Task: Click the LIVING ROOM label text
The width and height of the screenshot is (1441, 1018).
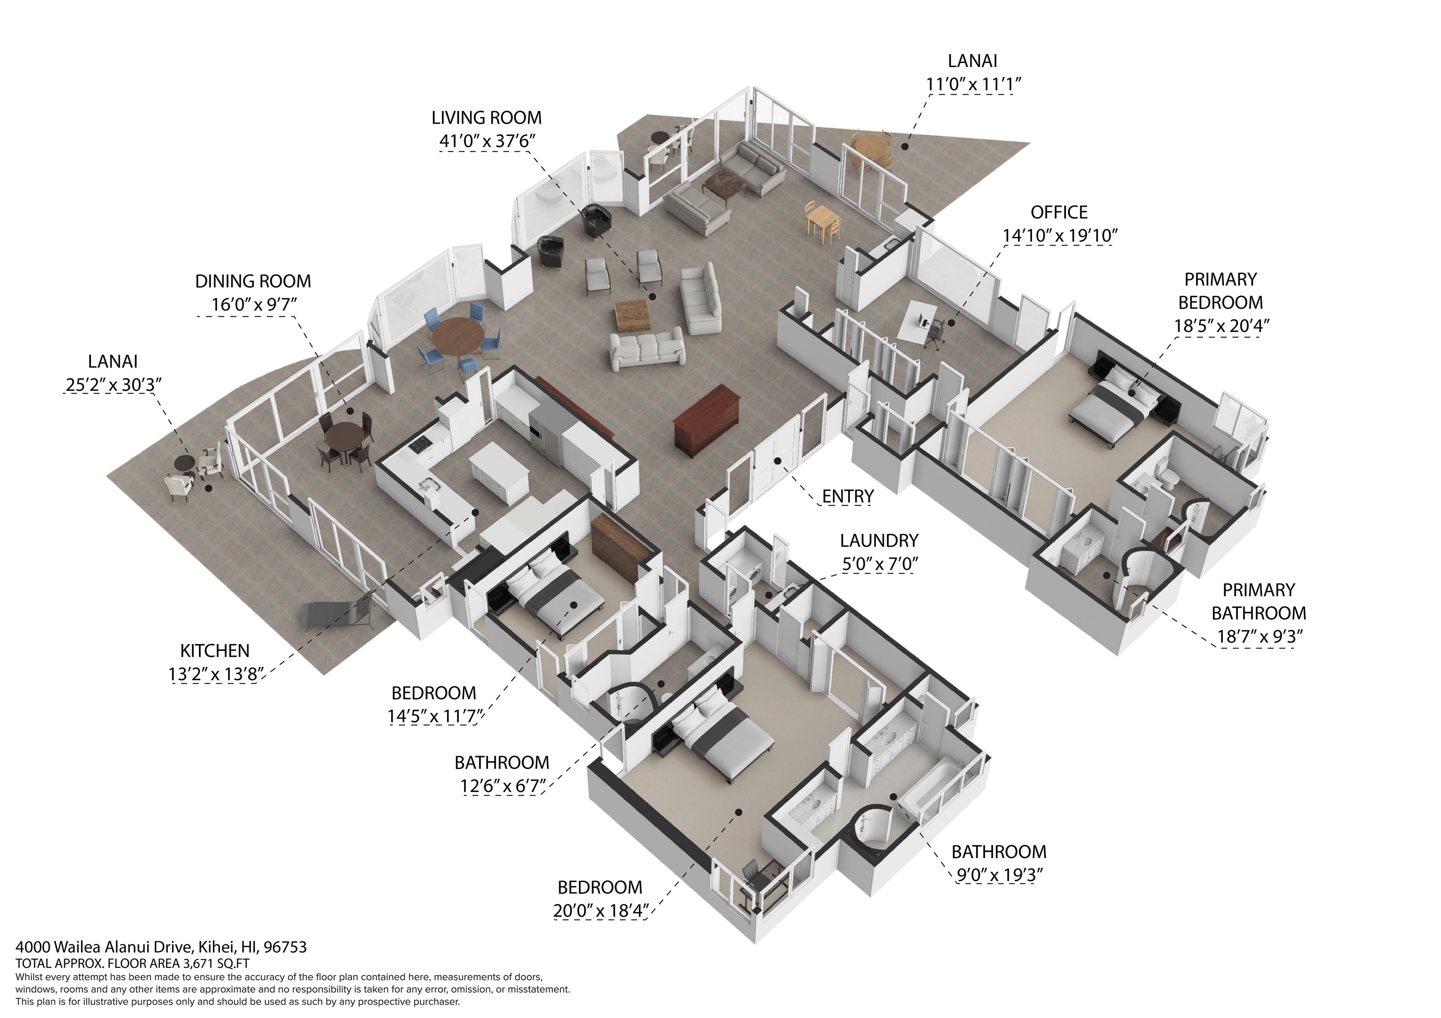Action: click(x=486, y=118)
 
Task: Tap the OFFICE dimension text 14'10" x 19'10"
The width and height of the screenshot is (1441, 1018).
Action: click(x=1060, y=236)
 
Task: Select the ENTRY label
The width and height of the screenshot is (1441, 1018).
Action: click(x=848, y=496)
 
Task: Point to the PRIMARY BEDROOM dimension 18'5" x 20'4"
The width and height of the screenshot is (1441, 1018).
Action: click(x=1220, y=326)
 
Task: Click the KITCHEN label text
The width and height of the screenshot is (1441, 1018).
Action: click(x=215, y=651)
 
